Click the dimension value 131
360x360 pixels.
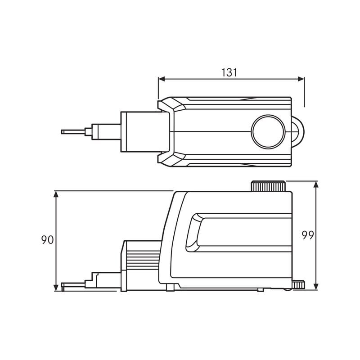[x=229, y=72]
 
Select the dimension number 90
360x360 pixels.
[x=47, y=240]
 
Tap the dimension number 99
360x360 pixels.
[x=308, y=235]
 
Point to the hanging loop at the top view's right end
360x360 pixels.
[x=299, y=131]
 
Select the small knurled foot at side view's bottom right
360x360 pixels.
[x=298, y=284]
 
